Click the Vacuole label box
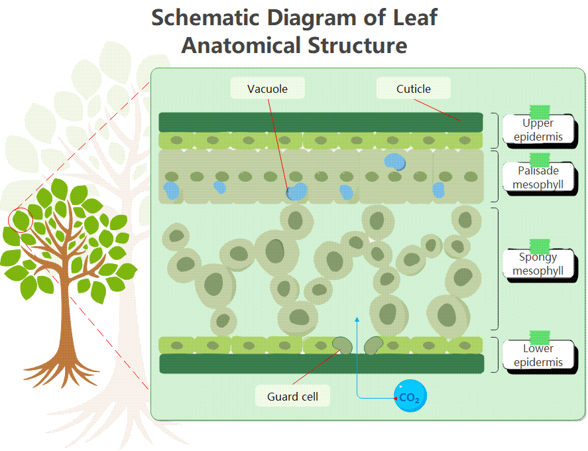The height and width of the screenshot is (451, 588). [267, 88]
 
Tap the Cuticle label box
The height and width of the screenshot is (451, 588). [414, 88]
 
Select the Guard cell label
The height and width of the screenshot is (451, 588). [292, 397]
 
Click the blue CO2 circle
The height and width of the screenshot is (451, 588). [410, 397]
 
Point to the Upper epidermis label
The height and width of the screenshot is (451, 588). [538, 129]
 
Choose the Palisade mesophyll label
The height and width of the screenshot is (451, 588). [538, 177]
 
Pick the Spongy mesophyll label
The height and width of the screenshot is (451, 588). [538, 263]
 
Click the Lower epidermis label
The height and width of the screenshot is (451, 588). [538, 355]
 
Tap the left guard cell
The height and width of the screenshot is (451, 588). [343, 344]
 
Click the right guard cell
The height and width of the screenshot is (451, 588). [373, 344]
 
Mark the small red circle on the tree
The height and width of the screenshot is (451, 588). [21, 219]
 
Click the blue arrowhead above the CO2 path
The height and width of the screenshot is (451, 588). [357, 320]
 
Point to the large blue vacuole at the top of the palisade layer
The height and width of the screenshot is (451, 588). [395, 161]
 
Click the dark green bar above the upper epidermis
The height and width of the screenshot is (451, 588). [321, 122]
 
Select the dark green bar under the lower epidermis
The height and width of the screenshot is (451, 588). [321, 363]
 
